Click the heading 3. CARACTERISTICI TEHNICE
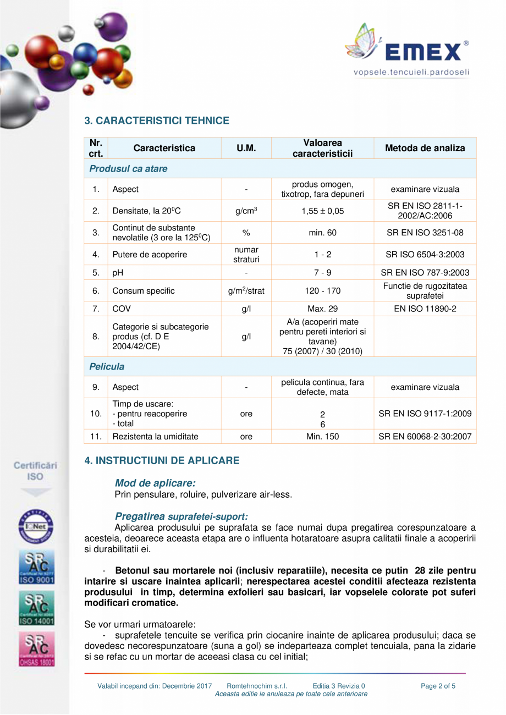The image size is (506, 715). pos(156,120)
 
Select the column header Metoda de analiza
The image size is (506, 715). pos(425,148)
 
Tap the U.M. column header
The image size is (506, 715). pos(246,148)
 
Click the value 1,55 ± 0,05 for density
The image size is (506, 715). pos(322,211)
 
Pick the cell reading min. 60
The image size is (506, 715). pos(322,233)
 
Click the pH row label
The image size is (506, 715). pos(118,272)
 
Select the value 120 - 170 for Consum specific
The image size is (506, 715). pos(322,291)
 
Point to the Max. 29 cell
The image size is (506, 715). pos(322,309)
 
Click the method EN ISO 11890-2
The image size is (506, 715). pos(425,309)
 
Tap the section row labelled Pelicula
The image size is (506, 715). pos(107,366)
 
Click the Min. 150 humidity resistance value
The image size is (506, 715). pos(322,437)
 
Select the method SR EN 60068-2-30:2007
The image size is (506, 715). pos(425,437)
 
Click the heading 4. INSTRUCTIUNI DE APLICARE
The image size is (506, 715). pos(162,460)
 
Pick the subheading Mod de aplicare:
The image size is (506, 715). pos(155,483)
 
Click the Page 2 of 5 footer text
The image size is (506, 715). pos(438,686)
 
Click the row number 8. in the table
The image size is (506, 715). pos(96,337)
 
